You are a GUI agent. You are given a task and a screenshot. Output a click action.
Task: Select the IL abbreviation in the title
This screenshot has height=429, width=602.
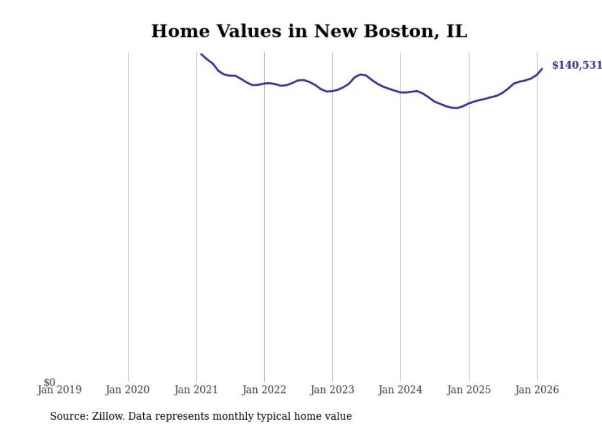point(456,31)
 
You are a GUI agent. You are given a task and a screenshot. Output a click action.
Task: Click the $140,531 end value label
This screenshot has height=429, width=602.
point(576,65)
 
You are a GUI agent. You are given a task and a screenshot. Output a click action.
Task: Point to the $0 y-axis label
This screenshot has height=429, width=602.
point(49,382)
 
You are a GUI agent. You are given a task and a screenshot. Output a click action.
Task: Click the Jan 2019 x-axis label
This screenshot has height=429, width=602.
point(59,390)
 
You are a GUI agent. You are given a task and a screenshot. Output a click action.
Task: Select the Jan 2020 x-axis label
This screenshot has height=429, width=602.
point(127,390)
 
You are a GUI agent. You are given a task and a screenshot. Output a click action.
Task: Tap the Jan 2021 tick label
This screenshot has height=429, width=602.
point(196,390)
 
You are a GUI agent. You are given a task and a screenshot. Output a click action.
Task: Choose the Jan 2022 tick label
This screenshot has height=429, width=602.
point(264,390)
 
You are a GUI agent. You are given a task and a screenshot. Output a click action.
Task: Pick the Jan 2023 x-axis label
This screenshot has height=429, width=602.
point(332,390)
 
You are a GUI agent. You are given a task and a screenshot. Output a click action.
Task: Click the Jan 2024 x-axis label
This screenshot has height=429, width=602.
point(401,390)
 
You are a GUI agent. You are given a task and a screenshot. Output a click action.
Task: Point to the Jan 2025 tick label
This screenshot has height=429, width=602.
point(469,390)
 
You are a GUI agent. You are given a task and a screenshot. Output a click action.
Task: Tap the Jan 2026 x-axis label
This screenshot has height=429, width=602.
point(537,390)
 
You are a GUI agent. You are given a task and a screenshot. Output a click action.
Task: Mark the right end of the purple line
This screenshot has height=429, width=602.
point(542,69)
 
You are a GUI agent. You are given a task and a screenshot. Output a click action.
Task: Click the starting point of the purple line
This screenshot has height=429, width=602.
point(201,54)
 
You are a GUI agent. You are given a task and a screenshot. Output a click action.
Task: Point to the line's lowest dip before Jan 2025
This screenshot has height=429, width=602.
point(455,108)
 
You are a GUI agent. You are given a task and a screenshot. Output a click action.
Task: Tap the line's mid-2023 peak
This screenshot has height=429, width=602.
point(361,74)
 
